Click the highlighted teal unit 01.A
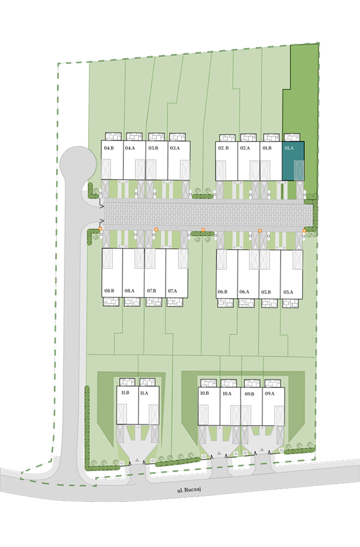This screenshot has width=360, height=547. point(293,161)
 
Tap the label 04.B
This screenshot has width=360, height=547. point(109,148)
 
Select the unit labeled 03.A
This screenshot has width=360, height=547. point(179,160)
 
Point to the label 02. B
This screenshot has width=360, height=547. point(223,148)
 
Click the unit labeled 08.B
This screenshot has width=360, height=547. point(112,273)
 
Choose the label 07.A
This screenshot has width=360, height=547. point(172,291)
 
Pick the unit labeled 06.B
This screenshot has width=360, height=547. point(227,274)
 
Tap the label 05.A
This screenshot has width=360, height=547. point(288,292)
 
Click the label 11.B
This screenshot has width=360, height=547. point(125,392)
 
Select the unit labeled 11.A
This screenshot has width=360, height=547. point(149,405)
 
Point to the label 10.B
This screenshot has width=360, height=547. point(205,393)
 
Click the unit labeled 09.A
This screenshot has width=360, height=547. point(273,406)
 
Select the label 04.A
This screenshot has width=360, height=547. point(130,148)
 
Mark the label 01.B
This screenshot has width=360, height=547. point(267,148)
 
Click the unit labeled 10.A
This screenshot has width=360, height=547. point(230,406)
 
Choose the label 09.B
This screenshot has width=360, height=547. point(249,394)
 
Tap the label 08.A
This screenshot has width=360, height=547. point(130,291)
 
